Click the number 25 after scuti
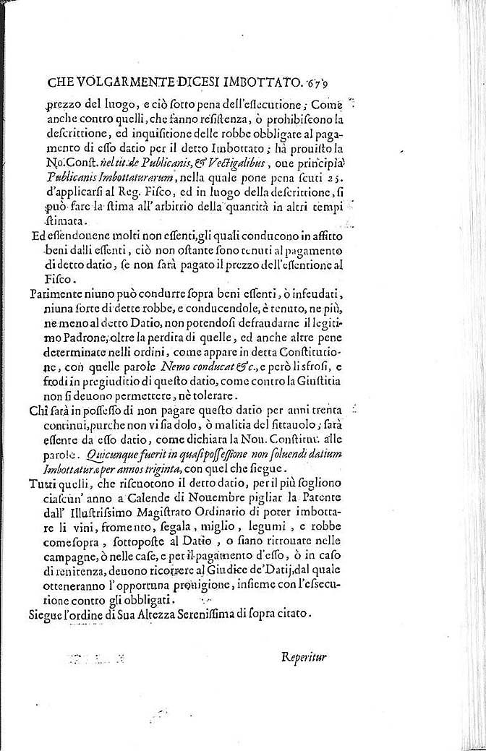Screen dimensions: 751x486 tap(349, 185)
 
